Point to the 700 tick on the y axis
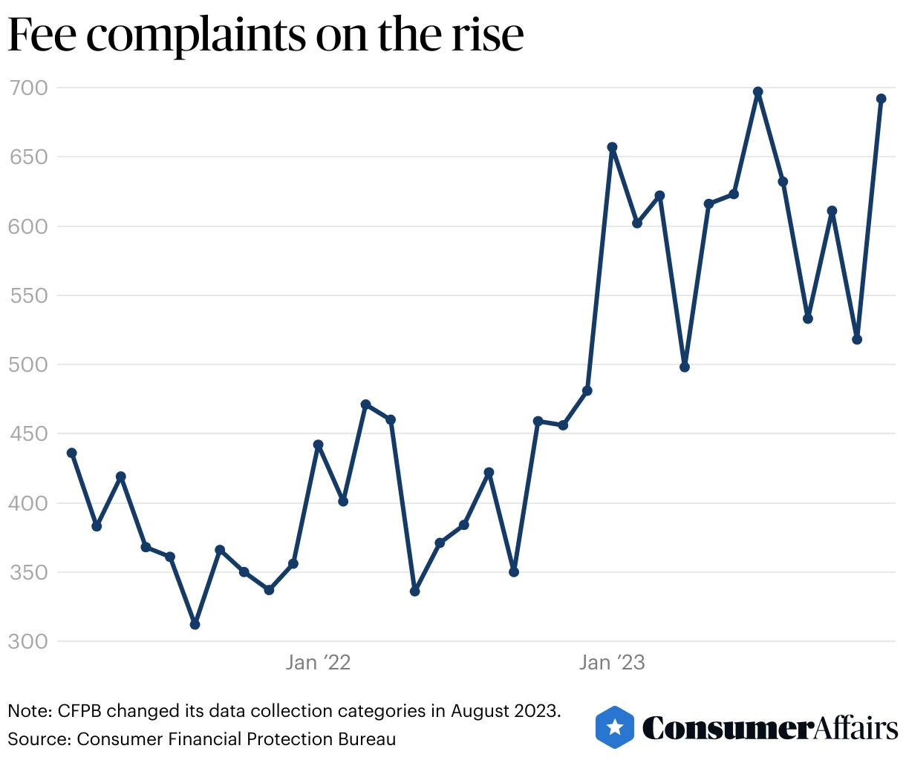pyautogui.click(x=27, y=88)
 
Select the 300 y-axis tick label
pyautogui.click(x=27, y=642)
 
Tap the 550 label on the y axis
pyautogui.click(x=27, y=296)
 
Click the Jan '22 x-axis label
pyautogui.click(x=318, y=663)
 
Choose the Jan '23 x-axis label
pyautogui.click(x=612, y=663)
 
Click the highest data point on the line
pyautogui.click(x=757, y=92)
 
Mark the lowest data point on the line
pyautogui.click(x=195, y=624)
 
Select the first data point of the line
pyautogui.click(x=72, y=453)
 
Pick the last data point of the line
pyautogui.click(x=881, y=99)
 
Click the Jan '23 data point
pyautogui.click(x=612, y=147)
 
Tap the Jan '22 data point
pyautogui.click(x=318, y=445)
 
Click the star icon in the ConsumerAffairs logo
pyautogui.click(x=615, y=727)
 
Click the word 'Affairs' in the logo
pyautogui.click(x=855, y=728)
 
